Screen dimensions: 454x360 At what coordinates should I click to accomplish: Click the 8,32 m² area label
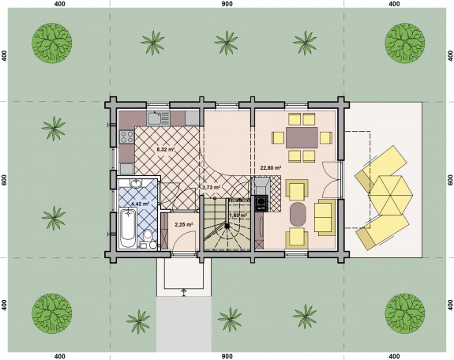tap(166, 149)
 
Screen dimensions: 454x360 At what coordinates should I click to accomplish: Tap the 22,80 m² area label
tap(271, 167)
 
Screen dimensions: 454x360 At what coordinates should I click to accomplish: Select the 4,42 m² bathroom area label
tap(140, 204)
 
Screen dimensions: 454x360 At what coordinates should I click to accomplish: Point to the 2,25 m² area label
tap(184, 224)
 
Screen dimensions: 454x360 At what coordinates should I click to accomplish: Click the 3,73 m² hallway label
tap(211, 187)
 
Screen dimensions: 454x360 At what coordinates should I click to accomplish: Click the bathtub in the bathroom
tap(128, 228)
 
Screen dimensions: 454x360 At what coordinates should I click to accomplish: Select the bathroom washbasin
tap(135, 183)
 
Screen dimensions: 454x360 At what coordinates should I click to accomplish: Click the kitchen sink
tap(158, 118)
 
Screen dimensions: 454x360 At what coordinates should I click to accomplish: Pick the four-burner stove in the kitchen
tap(127, 137)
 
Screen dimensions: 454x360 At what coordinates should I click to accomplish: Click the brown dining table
tap(302, 137)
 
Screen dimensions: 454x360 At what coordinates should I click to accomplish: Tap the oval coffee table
tap(298, 215)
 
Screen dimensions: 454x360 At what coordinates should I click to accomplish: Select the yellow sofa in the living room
tap(325, 217)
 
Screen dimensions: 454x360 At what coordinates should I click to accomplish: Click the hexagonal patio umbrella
tap(391, 195)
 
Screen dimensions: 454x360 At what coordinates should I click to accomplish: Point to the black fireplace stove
tap(261, 202)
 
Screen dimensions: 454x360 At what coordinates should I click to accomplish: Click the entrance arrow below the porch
tap(183, 292)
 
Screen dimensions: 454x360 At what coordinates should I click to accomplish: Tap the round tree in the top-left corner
tap(52, 43)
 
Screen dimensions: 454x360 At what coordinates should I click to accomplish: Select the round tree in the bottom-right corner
tap(405, 313)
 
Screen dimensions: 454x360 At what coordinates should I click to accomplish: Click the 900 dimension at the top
tap(227, 4)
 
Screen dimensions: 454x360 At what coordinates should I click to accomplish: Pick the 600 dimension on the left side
tap(4, 179)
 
